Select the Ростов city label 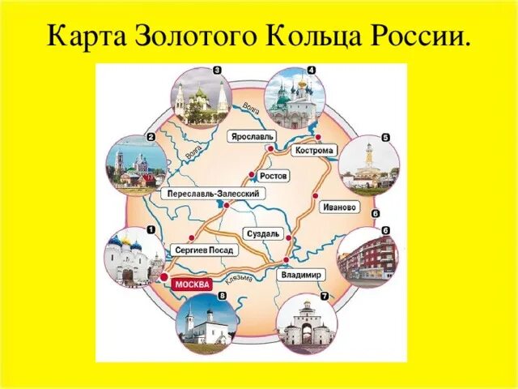[x=274, y=175]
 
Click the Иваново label [x=339, y=207]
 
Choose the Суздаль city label [x=263, y=233]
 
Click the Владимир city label [x=302, y=275]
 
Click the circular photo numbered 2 [x=134, y=165]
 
